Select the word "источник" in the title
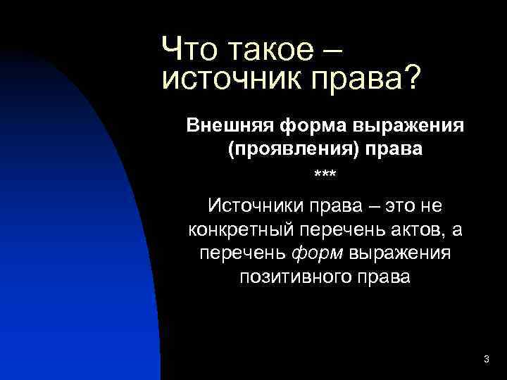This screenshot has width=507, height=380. point(225,80)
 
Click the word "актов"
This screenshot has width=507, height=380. point(415,229)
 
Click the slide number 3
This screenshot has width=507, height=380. point(487,360)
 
